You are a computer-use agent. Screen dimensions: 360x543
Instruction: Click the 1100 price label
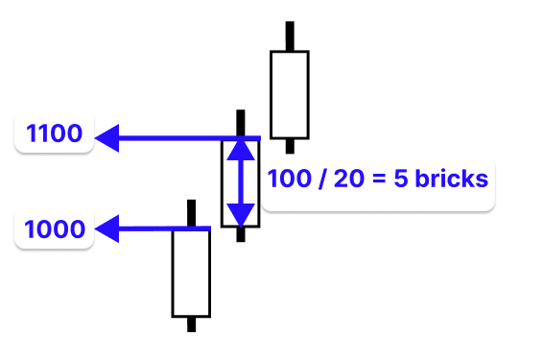pos(55,133)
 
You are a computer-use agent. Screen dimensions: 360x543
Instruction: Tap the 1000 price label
pos(55,229)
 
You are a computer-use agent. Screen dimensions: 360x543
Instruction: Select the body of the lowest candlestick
pos(191,273)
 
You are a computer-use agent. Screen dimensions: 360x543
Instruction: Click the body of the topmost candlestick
pos(290,95)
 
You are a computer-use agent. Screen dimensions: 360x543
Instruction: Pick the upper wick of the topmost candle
pos(290,36)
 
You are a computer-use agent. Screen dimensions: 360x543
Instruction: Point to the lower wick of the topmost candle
pos(290,145)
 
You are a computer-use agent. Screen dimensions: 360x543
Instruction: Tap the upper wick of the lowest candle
pos(191,213)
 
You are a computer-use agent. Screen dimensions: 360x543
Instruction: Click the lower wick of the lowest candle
pos(191,324)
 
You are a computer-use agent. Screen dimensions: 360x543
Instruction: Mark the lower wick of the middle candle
pos(240,234)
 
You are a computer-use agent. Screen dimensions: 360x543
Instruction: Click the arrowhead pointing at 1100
pos(107,138)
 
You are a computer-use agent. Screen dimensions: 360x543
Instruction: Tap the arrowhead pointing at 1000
pos(107,228)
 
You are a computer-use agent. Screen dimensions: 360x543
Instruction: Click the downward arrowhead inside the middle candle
pos(240,213)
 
